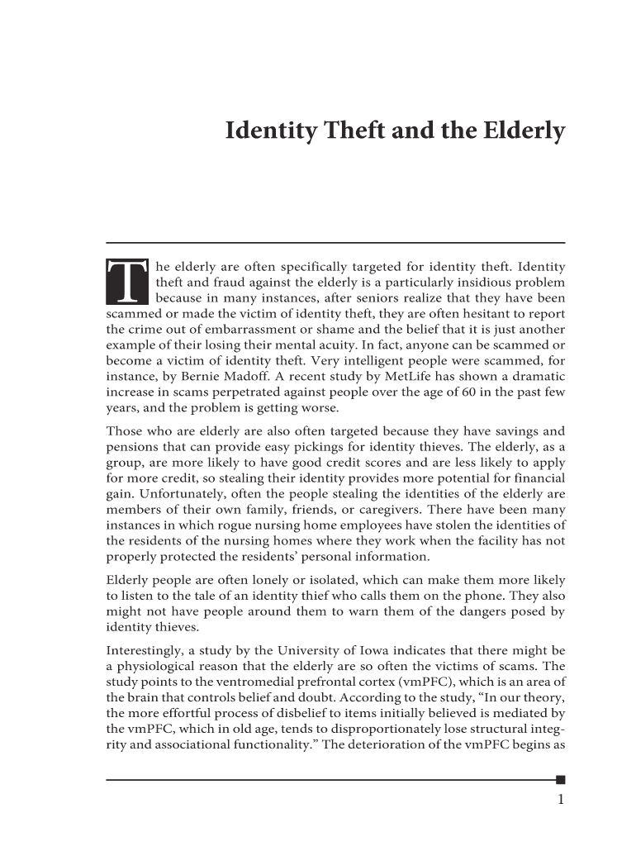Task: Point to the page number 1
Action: point(561,799)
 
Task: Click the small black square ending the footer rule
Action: point(561,778)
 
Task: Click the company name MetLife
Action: point(387,377)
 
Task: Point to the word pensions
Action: point(131,447)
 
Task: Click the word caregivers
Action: point(336,510)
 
